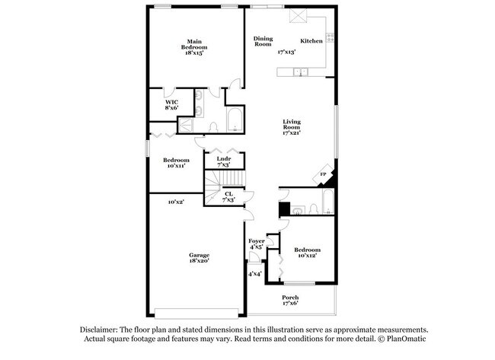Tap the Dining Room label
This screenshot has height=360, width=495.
click(x=263, y=41)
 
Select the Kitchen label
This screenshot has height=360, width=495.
click(x=311, y=41)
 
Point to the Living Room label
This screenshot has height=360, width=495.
click(x=292, y=126)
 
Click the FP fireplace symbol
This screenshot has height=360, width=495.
click(x=323, y=176)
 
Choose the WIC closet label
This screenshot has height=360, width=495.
click(x=171, y=105)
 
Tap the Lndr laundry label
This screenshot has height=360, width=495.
click(x=223, y=162)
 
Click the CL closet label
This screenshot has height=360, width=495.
click(x=228, y=196)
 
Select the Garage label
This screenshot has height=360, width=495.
click(x=200, y=258)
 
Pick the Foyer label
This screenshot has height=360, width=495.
click(x=257, y=244)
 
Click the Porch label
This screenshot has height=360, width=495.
click(x=290, y=300)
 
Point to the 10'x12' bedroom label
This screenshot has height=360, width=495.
click(x=307, y=252)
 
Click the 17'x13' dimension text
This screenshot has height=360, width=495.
click(x=286, y=52)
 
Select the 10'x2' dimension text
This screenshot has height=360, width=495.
click(x=176, y=202)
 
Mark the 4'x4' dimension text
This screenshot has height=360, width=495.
click(x=254, y=273)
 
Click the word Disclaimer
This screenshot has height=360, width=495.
click(x=101, y=330)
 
